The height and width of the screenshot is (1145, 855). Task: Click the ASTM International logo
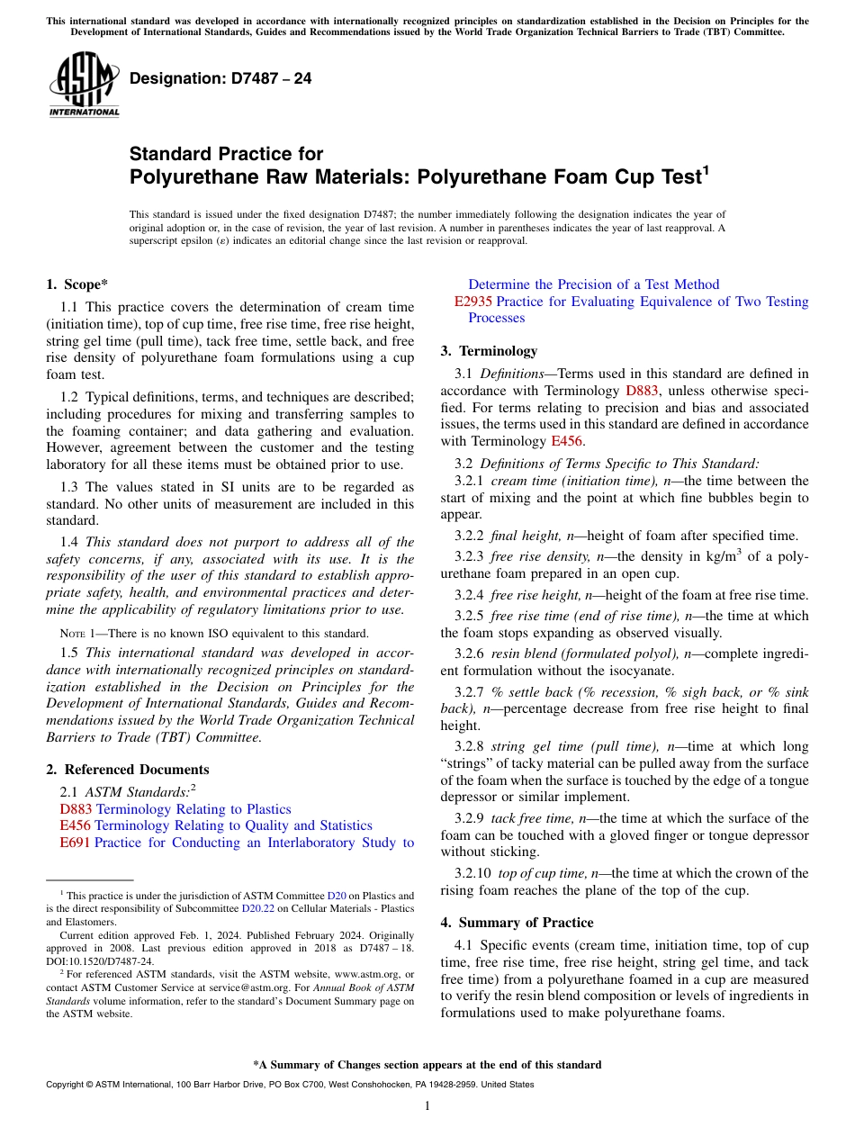(84, 85)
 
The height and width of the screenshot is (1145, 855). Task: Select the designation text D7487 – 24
(220, 78)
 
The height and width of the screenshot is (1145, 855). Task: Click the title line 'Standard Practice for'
(226, 154)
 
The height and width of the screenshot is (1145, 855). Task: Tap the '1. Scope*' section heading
(77, 284)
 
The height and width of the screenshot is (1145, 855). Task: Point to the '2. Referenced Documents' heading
(128, 770)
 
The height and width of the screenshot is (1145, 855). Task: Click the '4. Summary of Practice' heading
(517, 923)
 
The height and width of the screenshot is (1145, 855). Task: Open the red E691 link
(75, 843)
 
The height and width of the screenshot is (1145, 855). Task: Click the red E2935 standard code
(473, 302)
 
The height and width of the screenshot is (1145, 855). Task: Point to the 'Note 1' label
(78, 634)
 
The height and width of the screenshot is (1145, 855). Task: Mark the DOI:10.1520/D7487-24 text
(100, 960)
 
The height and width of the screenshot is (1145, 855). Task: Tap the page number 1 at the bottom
(427, 1106)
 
